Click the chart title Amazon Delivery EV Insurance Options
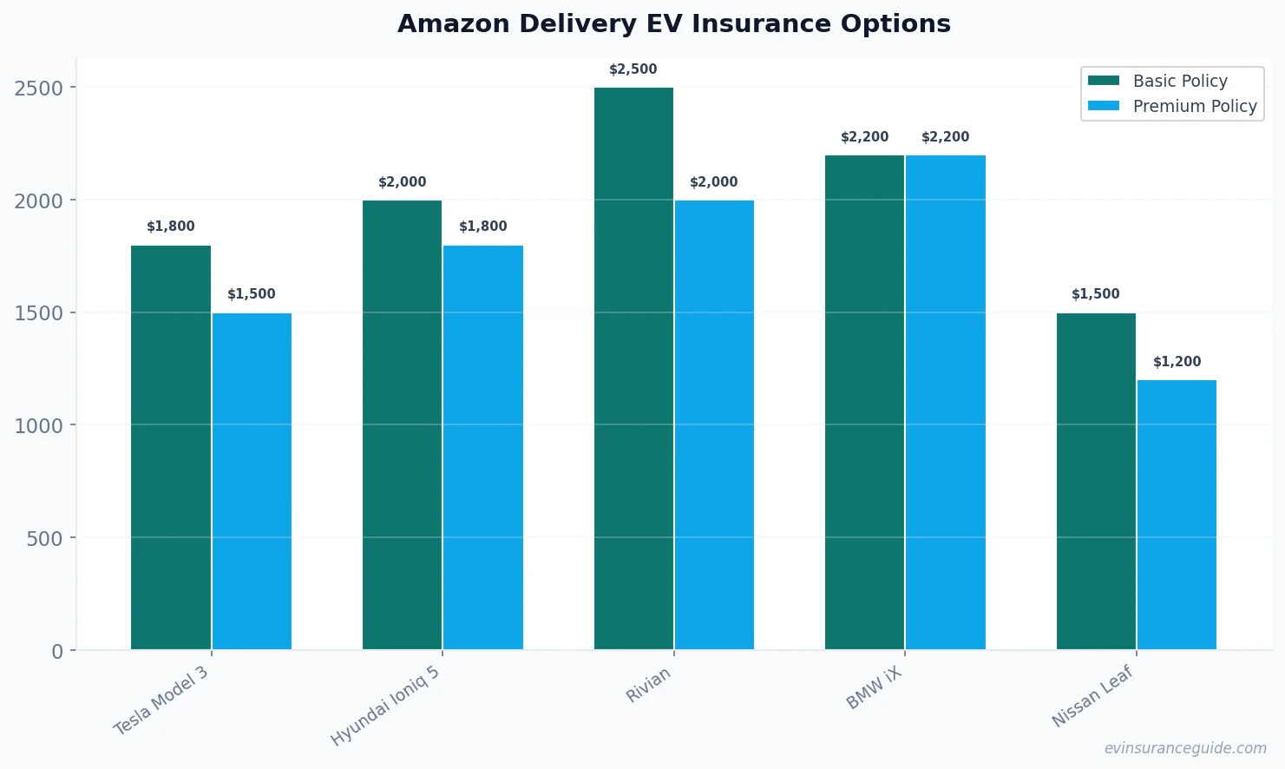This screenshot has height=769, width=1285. tap(673, 23)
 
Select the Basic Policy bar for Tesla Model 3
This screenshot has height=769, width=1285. tap(171, 447)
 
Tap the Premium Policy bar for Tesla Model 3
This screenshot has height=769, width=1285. tap(252, 481)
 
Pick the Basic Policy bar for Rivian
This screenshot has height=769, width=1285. tap(633, 368)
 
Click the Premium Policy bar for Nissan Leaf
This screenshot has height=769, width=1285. tap(1177, 515)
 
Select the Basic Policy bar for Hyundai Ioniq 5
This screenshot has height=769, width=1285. tap(403, 424)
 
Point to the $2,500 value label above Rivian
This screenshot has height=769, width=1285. tap(633, 69)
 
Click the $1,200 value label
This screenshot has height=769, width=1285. tap(1177, 362)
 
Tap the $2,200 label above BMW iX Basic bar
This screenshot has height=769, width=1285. tap(865, 137)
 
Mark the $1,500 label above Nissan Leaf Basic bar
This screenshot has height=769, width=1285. tap(1096, 294)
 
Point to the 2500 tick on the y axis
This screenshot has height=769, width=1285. tap(39, 88)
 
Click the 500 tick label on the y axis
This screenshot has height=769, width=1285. tap(45, 538)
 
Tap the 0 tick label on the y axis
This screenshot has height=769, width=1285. tap(57, 651)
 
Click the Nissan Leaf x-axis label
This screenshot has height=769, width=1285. tap(1092, 696)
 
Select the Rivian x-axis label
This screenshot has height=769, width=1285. tap(648, 685)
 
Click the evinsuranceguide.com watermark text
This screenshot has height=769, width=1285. tap(1185, 748)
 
